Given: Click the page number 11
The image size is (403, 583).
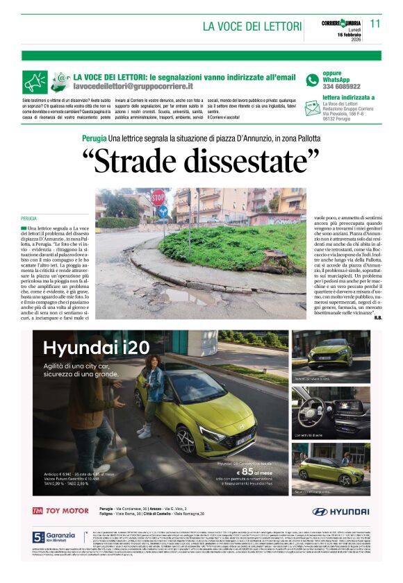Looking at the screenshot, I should (x=375, y=24).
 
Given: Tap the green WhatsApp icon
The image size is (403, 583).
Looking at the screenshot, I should (x=312, y=80).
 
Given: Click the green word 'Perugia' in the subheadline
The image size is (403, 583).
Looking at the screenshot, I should (x=94, y=139).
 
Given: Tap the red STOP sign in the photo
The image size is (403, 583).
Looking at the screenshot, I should (x=159, y=196).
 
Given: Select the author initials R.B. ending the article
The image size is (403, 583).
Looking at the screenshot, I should (x=377, y=319).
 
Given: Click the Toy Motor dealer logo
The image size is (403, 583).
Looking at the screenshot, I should (x=61, y=511).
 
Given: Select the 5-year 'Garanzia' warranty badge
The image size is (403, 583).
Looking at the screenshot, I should (x=54, y=539).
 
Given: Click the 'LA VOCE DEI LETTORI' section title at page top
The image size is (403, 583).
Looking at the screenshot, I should (x=252, y=26).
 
